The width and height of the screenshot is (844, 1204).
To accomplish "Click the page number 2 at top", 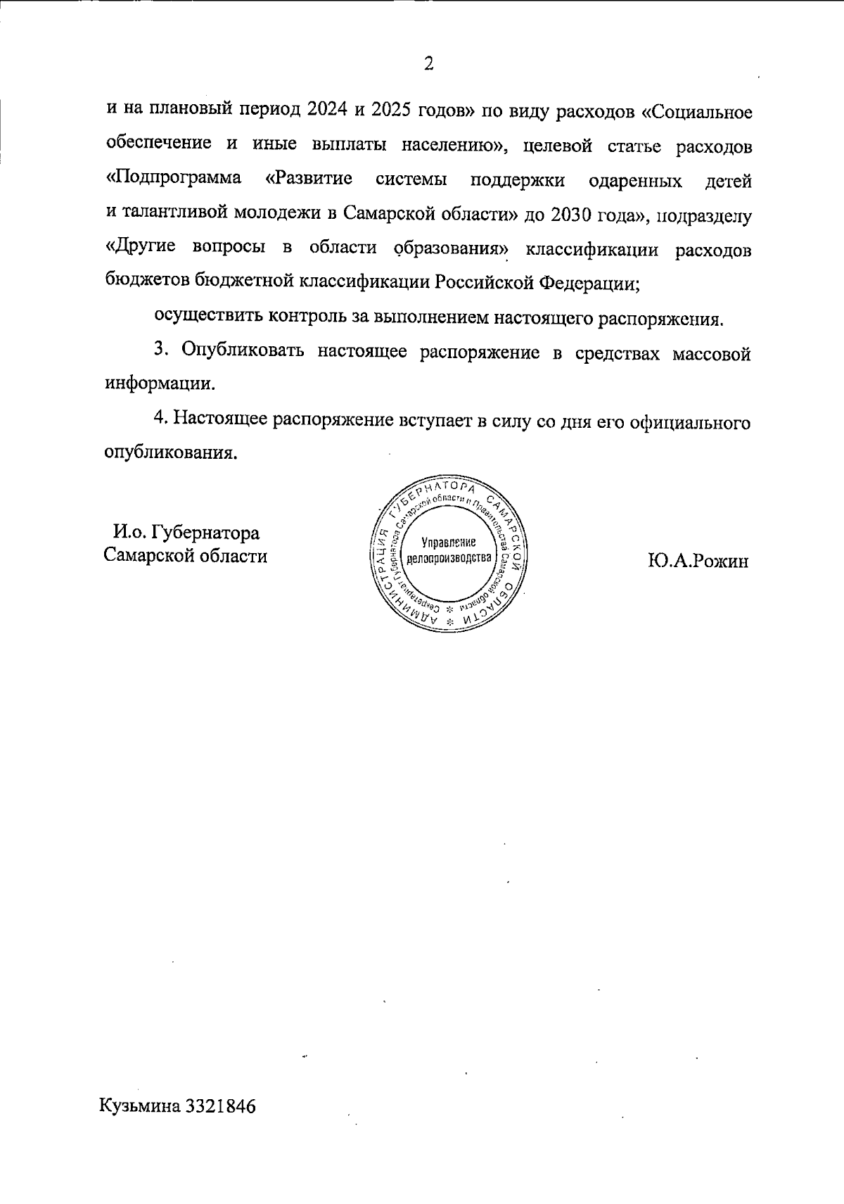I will click(x=428, y=64).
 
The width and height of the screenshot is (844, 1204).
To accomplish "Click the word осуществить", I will click(x=205, y=318).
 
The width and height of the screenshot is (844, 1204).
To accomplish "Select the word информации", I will click(x=160, y=385).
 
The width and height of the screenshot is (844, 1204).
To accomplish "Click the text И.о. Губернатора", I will click(x=186, y=533).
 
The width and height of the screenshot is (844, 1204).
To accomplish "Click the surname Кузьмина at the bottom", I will click(x=141, y=1105).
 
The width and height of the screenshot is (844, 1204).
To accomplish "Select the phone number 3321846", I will click(x=220, y=1105).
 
